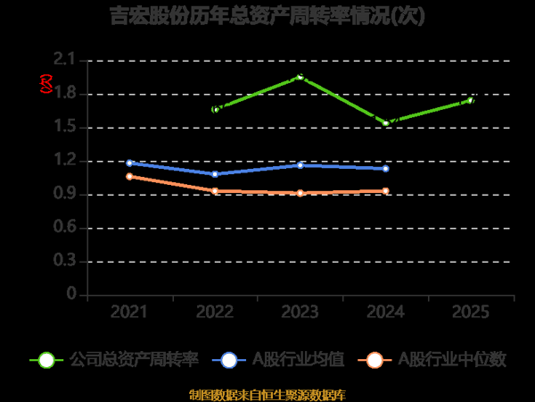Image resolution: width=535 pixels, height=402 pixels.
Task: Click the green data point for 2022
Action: click(215, 109)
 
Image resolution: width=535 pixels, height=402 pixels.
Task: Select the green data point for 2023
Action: click(300, 78)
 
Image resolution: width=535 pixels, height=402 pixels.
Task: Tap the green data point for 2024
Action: click(386, 122)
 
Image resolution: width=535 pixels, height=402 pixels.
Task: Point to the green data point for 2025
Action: click(471, 100)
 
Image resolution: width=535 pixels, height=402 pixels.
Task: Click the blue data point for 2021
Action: click(129, 163)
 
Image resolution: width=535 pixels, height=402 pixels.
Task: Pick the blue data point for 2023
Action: click(300, 165)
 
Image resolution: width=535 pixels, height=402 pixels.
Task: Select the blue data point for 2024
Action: click(386, 168)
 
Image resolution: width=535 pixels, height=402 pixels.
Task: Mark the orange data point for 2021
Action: click(129, 176)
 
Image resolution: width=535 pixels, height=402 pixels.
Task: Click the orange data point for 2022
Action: click(215, 190)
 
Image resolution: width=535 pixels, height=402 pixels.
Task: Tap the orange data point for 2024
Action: click(386, 190)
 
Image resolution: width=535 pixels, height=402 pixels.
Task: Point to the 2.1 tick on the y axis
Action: click(65, 60)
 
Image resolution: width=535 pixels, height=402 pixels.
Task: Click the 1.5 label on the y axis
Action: click(65, 127)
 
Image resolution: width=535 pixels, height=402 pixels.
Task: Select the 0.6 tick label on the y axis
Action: click(65, 228)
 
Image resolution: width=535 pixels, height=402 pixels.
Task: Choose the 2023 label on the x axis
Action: click(300, 312)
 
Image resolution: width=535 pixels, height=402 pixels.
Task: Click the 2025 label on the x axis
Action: click(471, 312)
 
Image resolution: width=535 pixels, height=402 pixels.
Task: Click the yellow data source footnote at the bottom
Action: click(267, 394)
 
